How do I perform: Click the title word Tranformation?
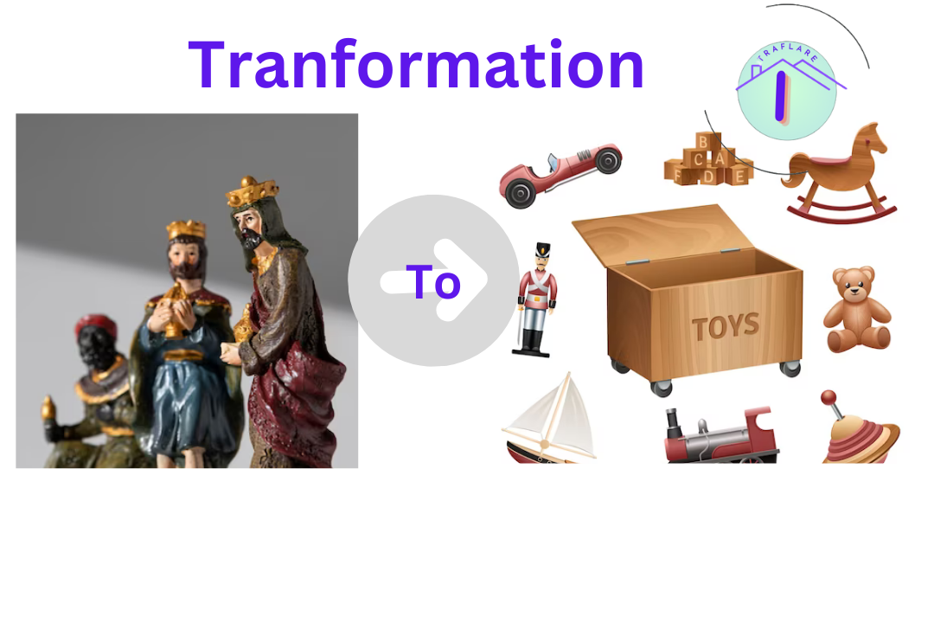416,65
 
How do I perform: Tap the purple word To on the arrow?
433,281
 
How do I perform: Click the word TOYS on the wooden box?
726,328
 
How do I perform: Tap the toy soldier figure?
534,299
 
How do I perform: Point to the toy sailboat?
549,421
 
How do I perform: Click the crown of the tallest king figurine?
253,190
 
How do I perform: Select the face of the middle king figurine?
187,254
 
